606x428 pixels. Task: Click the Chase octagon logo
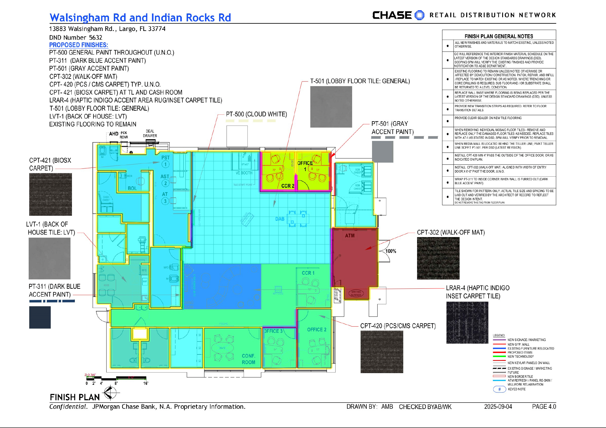point(419,15)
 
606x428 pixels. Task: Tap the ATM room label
point(350,236)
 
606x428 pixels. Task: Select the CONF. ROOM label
point(248,359)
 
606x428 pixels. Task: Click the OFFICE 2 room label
point(316,330)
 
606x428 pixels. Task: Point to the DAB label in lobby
point(280,219)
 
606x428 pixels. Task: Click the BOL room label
point(132,188)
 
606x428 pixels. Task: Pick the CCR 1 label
point(308,273)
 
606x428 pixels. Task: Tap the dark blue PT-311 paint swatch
point(40,317)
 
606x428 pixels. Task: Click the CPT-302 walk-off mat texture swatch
point(438,258)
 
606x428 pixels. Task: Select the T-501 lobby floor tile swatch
point(331,107)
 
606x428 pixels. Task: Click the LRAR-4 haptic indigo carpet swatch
point(467,322)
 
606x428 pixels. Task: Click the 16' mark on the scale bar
point(146,383)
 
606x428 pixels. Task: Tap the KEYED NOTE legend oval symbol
point(499,389)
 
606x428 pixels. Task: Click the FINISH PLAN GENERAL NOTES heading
point(499,36)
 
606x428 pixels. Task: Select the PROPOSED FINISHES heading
point(78,45)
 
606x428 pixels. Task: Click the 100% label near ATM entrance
point(391,251)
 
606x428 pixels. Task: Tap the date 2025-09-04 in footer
point(498,406)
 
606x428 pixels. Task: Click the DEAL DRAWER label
point(150,133)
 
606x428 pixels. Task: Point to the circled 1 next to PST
point(165,164)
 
